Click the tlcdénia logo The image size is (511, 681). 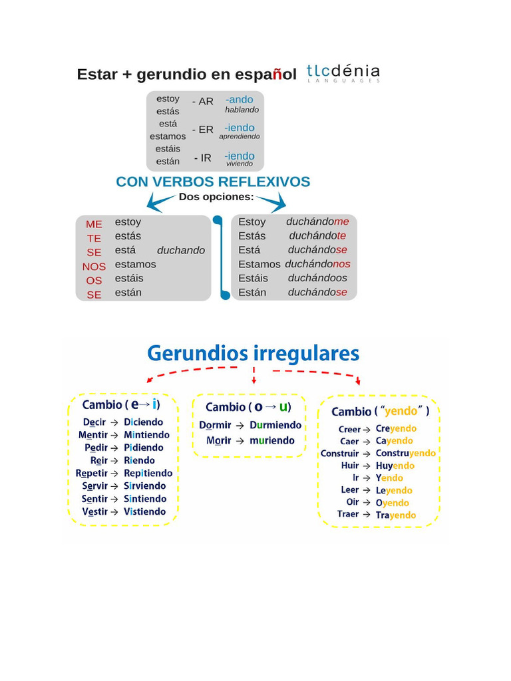tap(343, 73)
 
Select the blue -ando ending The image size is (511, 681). tap(239, 100)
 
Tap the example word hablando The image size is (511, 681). tap(242, 110)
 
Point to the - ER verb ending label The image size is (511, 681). tap(203, 130)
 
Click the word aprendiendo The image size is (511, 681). tap(240, 136)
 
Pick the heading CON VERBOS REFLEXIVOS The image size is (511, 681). tap(213, 182)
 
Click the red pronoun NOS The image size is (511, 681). tap(94, 267)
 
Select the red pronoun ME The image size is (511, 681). tap(94, 224)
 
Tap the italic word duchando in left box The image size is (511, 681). tap(181, 250)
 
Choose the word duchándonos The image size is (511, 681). tap(317, 263)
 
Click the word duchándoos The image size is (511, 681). tap(317, 278)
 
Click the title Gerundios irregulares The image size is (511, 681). tap(254, 354)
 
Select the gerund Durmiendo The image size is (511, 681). tap(275, 425)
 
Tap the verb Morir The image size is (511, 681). tap(218, 440)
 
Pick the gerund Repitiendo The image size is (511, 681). tap(148, 473)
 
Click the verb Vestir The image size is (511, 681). tap(94, 511)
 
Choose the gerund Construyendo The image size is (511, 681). tap(405, 453)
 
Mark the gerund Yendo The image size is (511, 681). tap(389, 477)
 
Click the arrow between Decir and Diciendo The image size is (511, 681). tap(114, 422)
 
